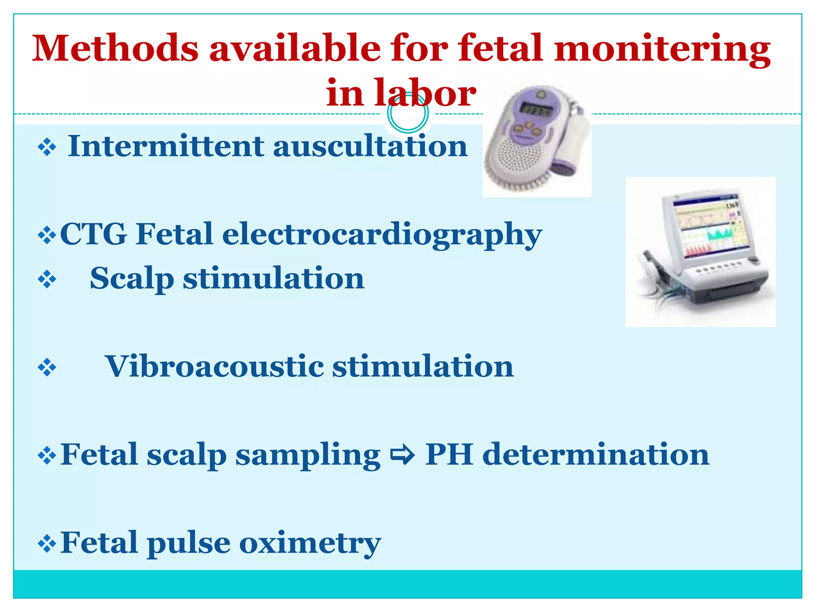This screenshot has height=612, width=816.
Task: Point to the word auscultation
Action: click(370, 146)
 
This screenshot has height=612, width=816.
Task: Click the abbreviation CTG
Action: click(94, 234)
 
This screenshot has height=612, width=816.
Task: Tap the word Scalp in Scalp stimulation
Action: click(132, 279)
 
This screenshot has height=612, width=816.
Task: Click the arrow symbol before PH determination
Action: click(402, 455)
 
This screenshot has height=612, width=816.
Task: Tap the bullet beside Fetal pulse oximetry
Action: click(47, 544)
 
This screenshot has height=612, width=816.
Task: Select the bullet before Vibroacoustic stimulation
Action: click(47, 367)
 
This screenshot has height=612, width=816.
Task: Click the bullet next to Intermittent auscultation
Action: click(47, 147)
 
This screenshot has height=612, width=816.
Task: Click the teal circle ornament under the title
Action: click(408, 113)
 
